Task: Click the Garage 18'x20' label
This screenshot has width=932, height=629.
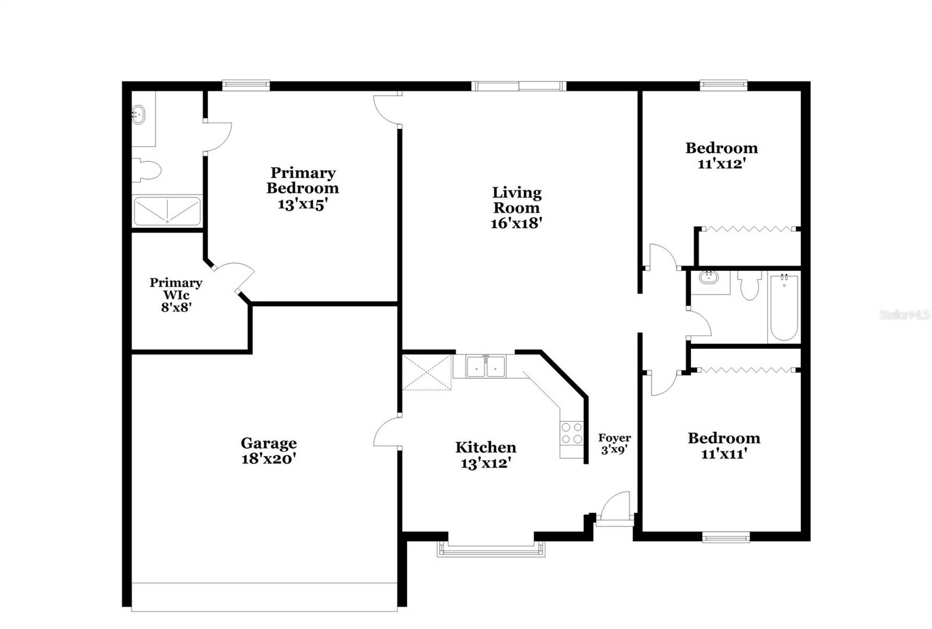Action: coord(269,451)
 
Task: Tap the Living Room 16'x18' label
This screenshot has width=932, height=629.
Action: coord(517,208)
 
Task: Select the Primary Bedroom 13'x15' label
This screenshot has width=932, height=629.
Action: coord(302,189)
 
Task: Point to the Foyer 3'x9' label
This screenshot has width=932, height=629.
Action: coord(615,444)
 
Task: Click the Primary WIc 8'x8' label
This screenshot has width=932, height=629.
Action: coord(176,295)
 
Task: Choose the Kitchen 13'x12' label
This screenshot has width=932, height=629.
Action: coord(486,455)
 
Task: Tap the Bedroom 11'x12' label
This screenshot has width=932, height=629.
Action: coord(722,156)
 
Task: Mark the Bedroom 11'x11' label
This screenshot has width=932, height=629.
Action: coord(723,446)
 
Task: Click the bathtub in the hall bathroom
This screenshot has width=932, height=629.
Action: coord(784,308)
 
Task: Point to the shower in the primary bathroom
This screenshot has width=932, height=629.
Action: coord(167,211)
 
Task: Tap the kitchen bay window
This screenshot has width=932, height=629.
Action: coord(490,549)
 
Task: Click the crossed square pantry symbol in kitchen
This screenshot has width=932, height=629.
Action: coord(427,372)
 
